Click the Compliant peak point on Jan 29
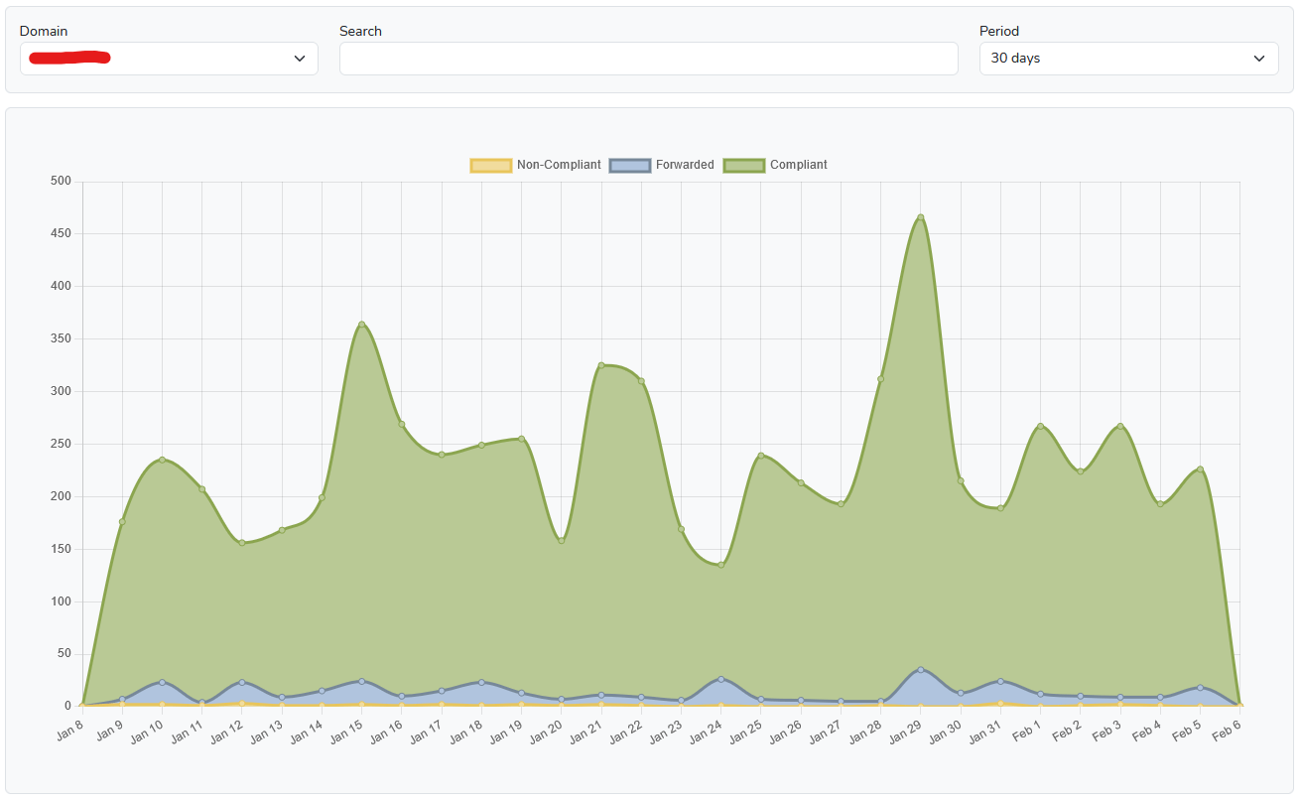tap(921, 217)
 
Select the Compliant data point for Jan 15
tap(361, 325)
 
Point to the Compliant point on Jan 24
tap(721, 565)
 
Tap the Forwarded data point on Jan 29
tap(921, 670)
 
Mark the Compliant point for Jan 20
tap(562, 541)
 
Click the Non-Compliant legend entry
tap(536, 165)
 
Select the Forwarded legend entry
tap(662, 165)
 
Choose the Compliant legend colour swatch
tap(743, 165)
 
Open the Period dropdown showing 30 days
tap(1128, 59)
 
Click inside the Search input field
tap(648, 59)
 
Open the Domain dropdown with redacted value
tap(169, 59)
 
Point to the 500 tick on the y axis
tap(61, 181)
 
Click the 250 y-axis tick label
tap(61, 444)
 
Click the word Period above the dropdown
tap(998, 31)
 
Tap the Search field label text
tap(360, 31)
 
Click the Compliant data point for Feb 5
tap(1200, 469)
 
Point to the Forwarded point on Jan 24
tap(721, 679)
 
